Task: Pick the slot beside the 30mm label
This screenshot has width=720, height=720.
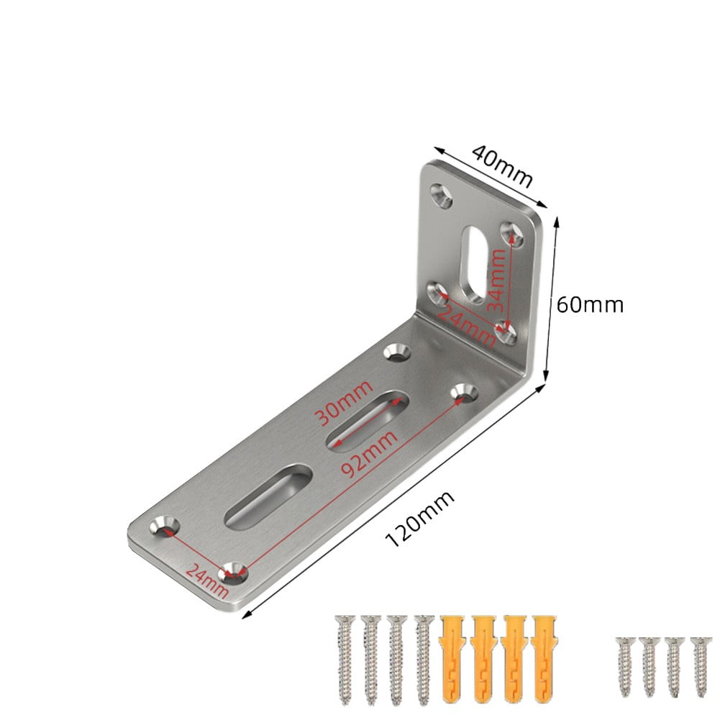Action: point(365,420)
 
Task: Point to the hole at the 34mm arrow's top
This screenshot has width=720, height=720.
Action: point(512,232)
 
